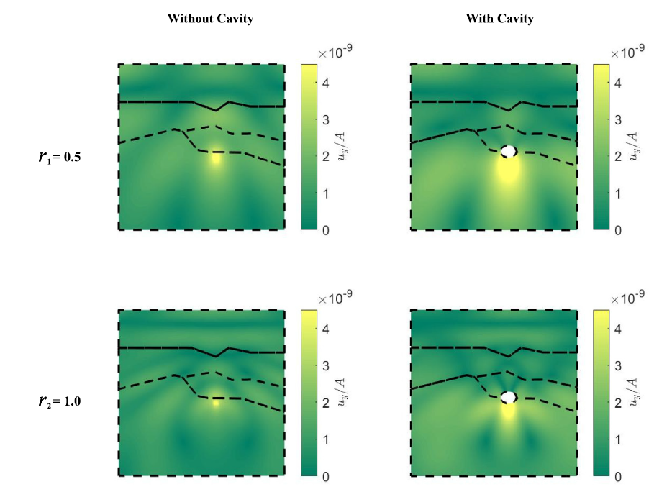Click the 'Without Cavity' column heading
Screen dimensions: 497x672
210,19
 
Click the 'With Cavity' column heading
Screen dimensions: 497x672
499,19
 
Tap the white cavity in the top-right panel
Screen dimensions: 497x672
509,151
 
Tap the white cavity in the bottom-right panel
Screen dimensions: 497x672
509,397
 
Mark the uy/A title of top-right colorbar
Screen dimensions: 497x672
632,146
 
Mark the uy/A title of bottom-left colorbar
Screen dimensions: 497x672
341,392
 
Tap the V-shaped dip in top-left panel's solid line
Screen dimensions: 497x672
217,110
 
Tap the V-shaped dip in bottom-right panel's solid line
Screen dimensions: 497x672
509,355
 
